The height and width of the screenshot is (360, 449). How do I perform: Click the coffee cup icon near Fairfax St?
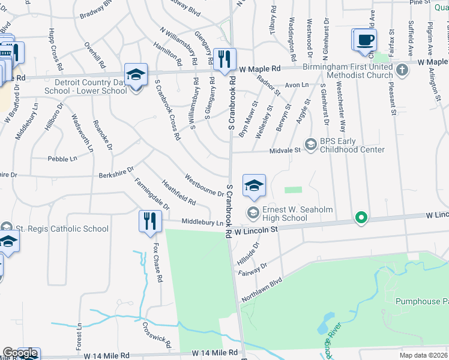click(x=365, y=40)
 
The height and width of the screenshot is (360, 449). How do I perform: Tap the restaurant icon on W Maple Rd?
click(x=225, y=59)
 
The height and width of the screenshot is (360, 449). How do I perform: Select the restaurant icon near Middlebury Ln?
click(x=149, y=221)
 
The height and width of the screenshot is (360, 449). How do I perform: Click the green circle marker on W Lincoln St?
click(x=361, y=217)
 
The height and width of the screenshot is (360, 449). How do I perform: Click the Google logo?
click(x=20, y=353)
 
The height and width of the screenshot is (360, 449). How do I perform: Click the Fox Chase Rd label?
click(x=157, y=263)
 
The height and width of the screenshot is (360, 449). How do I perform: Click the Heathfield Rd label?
click(x=178, y=191)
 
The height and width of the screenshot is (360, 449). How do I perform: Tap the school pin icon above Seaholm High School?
click(x=254, y=185)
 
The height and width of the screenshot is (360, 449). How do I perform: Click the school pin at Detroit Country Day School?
click(x=136, y=75)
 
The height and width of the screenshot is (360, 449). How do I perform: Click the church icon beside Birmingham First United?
click(x=402, y=70)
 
